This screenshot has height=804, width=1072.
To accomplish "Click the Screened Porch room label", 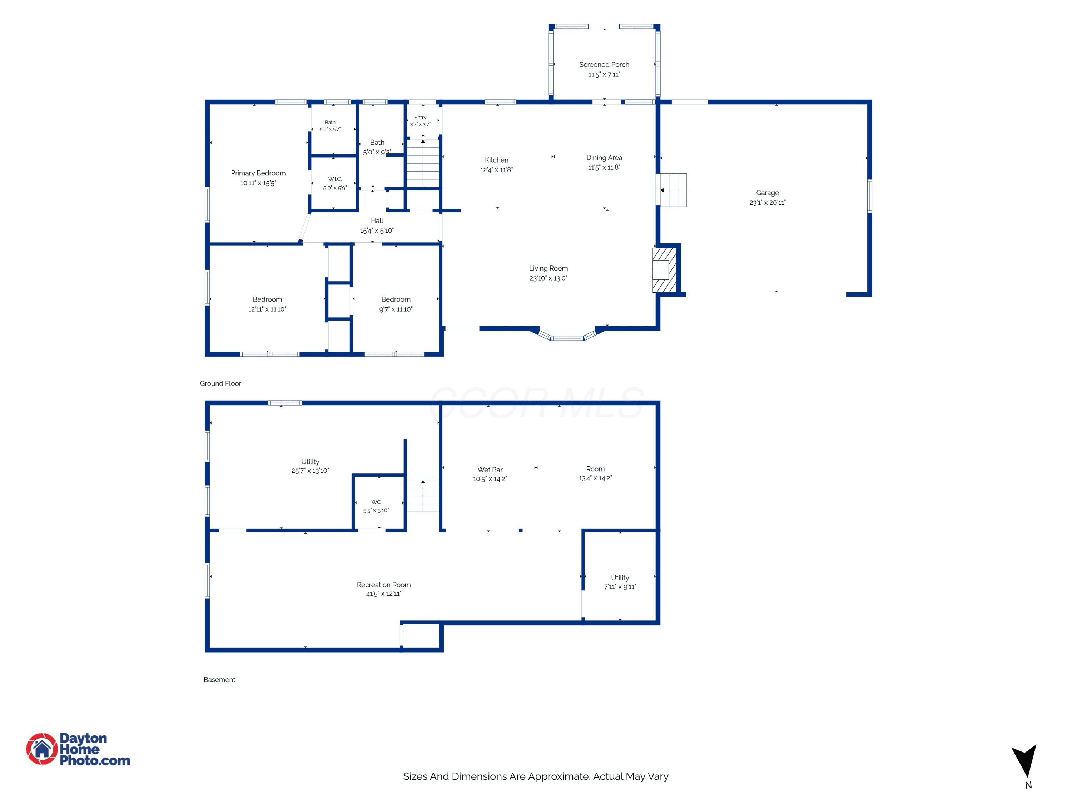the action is tap(604, 64).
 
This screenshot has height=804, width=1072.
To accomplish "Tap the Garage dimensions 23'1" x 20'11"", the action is tap(767, 203).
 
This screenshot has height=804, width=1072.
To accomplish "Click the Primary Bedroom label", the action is tap(258, 173).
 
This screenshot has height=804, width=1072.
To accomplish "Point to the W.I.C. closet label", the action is tap(335, 179).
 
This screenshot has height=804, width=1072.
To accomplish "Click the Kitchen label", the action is tap(496, 160).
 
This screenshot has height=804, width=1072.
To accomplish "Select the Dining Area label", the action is tap(604, 158).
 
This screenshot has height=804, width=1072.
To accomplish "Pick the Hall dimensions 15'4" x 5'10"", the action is tap(377, 231).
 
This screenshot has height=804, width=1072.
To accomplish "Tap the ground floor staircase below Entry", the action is tap(423, 163).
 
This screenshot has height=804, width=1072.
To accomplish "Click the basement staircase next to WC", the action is tap(423, 496).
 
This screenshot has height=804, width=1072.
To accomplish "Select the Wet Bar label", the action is tap(490, 470).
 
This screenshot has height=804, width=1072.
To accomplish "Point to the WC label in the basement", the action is tap(376, 502).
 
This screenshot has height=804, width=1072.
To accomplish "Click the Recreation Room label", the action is tap(383, 585).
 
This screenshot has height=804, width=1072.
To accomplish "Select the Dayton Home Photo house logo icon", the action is tap(42, 749).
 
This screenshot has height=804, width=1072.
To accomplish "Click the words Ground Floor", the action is tap(220, 383).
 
